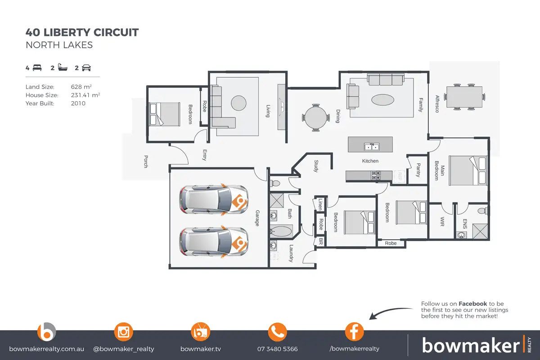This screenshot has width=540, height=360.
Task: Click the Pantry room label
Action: pos(418,170)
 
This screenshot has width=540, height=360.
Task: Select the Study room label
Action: pos(316,166)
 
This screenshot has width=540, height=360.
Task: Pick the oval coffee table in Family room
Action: pos(384,99)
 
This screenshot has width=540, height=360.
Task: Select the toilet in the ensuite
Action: pos(481,211)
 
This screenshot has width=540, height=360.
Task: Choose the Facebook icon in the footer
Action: pos(354,332)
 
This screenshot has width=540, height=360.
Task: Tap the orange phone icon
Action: pos(277,332)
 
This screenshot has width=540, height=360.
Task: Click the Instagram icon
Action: pos(123,332)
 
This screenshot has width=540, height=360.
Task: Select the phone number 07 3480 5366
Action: pos(277,349)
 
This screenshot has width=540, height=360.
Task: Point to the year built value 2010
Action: pos(78,103)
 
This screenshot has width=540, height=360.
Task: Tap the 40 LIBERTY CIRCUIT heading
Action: pos(82,32)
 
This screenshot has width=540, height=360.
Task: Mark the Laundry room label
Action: pos(291,253)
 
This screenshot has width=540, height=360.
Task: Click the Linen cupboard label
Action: pos(320,204)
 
